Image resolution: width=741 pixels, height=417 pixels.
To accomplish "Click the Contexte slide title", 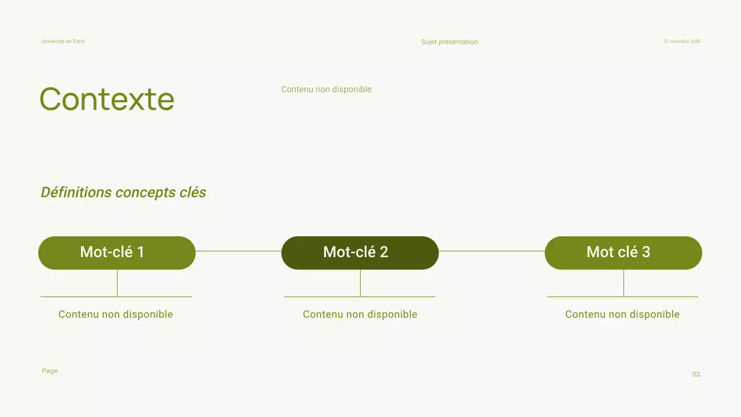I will point(107,99).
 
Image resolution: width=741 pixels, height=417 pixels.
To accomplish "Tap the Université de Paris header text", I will point(63,42).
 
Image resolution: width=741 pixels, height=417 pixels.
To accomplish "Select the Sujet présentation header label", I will point(449,42).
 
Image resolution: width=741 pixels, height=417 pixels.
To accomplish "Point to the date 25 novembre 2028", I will point(681,42).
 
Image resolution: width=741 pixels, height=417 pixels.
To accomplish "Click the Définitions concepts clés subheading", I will point(123,192).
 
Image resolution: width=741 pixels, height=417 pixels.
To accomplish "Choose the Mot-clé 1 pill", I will point(117,253).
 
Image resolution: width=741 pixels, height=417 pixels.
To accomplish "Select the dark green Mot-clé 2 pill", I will point(360,253).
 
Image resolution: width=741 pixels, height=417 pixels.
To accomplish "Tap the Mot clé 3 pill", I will point(623,253).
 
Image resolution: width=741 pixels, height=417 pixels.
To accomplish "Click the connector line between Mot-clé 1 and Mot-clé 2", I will point(239,251).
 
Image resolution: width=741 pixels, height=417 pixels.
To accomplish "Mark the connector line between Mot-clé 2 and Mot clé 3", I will point(491,251).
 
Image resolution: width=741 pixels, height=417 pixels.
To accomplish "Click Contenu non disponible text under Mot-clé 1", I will point(116,314).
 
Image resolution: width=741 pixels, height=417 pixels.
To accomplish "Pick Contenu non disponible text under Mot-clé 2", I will point(360,314).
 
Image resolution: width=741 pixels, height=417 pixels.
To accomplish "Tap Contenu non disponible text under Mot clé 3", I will point(622,314).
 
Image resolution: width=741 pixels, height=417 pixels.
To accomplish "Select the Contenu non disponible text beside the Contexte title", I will point(327,89).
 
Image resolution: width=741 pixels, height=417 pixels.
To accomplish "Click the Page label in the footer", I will point(50,371).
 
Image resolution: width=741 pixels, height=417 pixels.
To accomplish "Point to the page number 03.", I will point(696,375).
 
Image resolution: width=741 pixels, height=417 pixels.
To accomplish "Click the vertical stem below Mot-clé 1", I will point(117,283).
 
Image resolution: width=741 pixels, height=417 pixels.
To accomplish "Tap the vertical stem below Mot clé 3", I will point(623,283).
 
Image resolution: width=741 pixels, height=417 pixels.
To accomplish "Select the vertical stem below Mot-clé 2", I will point(360,283).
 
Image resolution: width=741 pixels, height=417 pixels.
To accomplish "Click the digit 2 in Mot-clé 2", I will point(384,252).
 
